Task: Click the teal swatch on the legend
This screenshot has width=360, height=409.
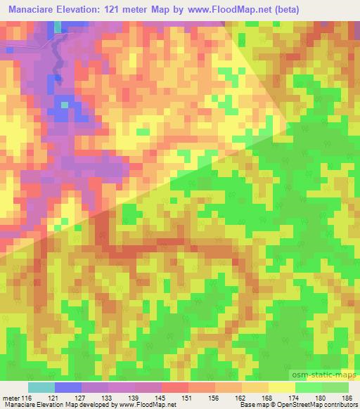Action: (41, 387)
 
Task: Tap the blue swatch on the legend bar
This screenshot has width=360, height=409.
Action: (68, 387)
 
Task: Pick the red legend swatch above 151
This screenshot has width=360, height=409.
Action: (175, 387)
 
